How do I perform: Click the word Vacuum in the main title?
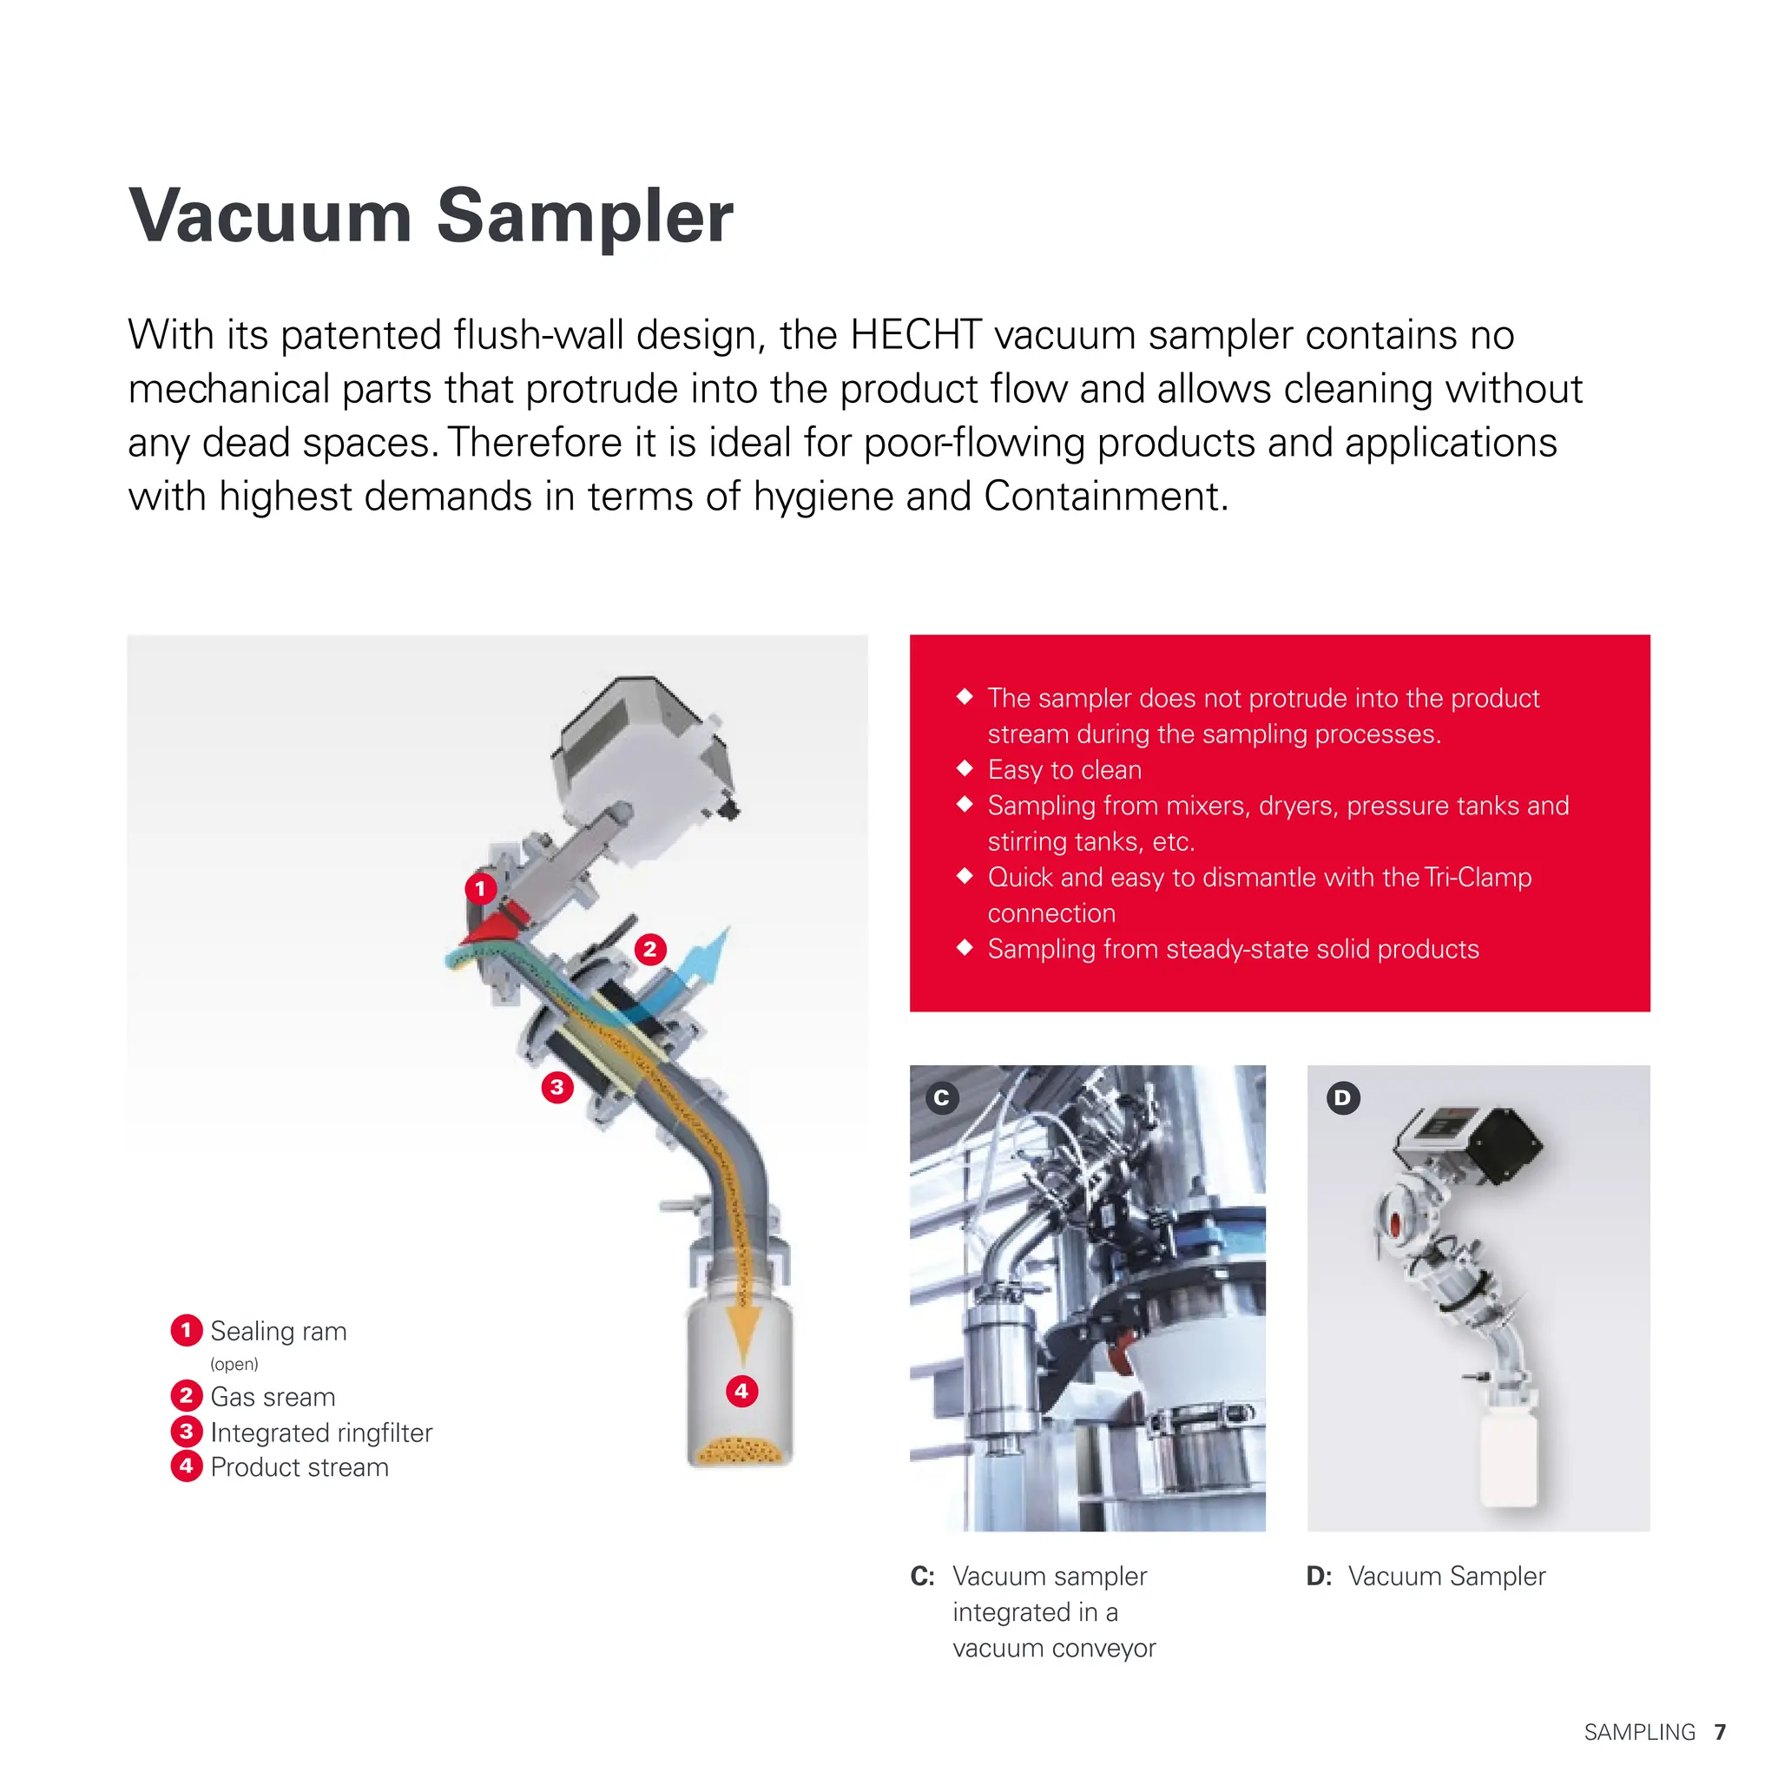(x=270, y=217)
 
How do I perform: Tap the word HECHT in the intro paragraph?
(x=916, y=335)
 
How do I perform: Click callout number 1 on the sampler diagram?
(x=480, y=889)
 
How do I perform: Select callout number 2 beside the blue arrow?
(x=649, y=949)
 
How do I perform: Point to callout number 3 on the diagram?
(x=556, y=1088)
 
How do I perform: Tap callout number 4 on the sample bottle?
(x=741, y=1391)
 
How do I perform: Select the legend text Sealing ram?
(x=278, y=1331)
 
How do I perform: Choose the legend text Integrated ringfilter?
(x=321, y=1432)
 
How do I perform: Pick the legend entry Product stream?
(x=300, y=1467)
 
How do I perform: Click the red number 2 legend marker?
(x=187, y=1396)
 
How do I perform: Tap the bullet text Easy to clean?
(x=1064, y=769)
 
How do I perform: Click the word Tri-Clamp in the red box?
(x=1477, y=877)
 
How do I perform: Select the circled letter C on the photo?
(x=941, y=1098)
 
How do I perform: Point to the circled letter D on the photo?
(x=1343, y=1098)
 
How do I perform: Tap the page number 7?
(x=1720, y=1732)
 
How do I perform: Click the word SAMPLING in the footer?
(x=1639, y=1732)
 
